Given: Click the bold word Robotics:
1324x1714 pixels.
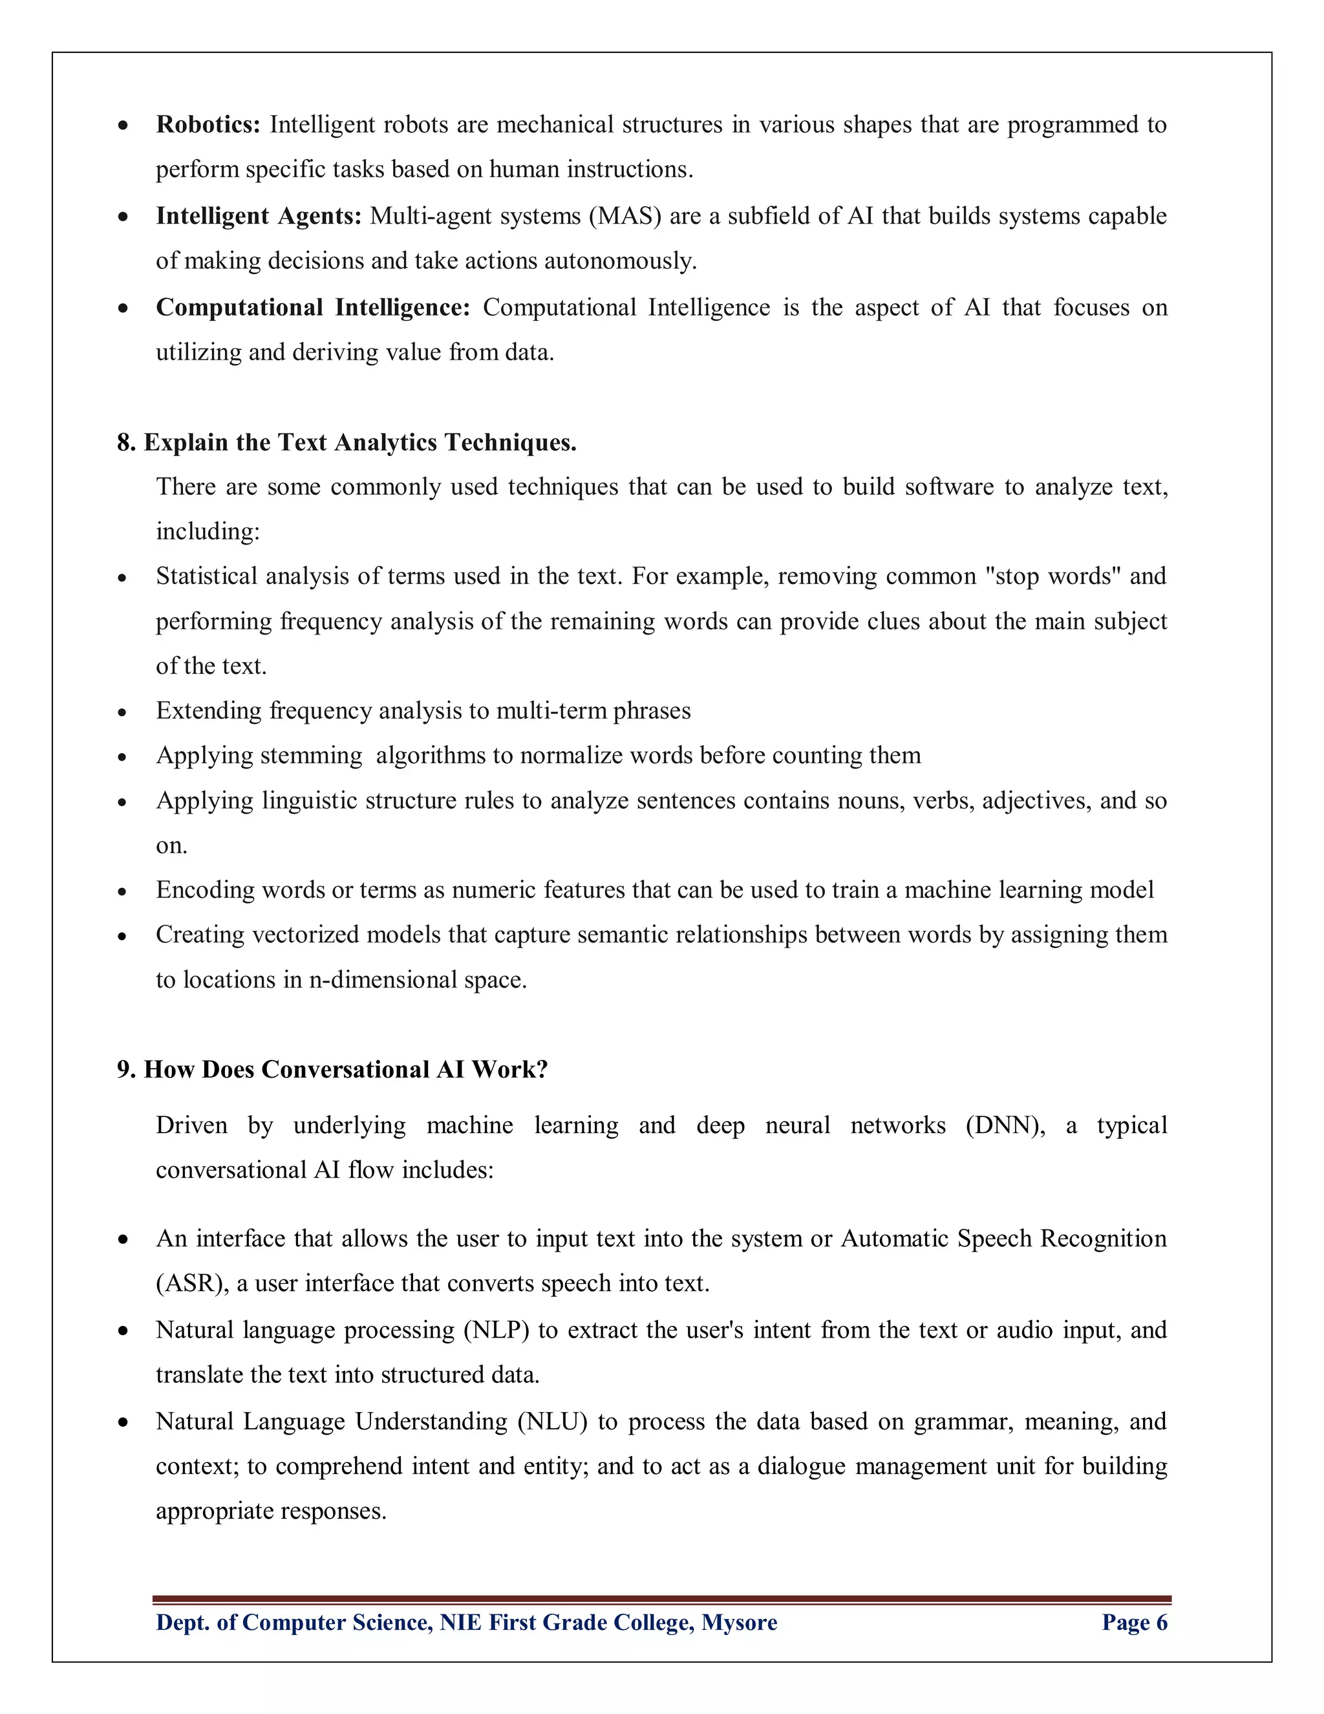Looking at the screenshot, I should point(208,125).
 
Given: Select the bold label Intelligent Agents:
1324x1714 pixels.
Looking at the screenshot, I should point(258,216).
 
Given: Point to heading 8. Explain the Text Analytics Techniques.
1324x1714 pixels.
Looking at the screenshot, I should point(347,442).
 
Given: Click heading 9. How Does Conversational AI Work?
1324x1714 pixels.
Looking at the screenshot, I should point(332,1070).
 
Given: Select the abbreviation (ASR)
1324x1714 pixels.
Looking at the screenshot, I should point(192,1284).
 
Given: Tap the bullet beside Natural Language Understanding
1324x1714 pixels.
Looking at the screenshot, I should point(122,1423).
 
